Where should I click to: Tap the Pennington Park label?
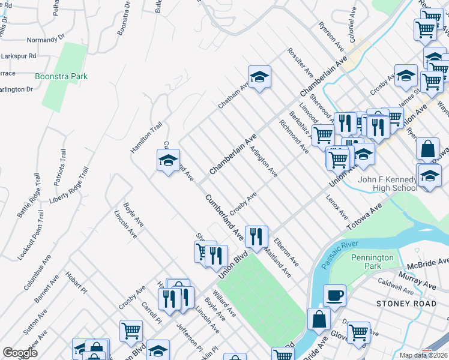[x=373, y=262]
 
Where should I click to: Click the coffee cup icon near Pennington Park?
[x=334, y=295]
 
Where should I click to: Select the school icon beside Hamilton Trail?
[x=169, y=160]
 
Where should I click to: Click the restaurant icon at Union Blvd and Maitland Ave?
[x=257, y=236]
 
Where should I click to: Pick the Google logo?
[x=20, y=353]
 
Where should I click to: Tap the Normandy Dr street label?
[x=44, y=40]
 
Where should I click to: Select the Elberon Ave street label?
[x=286, y=253]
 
